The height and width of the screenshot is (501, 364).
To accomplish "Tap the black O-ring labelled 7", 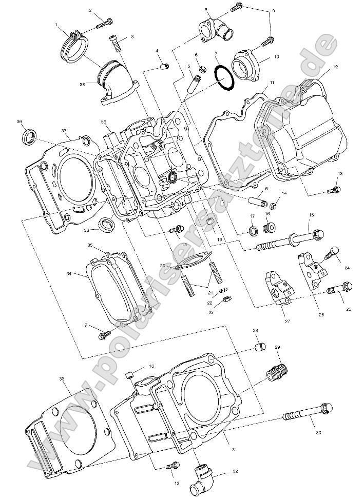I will pyautogui.click(x=223, y=77).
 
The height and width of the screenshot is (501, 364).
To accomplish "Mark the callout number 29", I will pyautogui.click(x=277, y=348).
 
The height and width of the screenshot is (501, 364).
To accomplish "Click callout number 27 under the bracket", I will pyautogui.click(x=288, y=321).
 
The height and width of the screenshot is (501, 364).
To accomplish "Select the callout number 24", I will pyautogui.click(x=347, y=268).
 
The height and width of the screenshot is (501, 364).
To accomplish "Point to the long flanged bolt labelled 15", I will pyautogui.click(x=290, y=237).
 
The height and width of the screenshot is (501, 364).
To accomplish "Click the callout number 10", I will pyautogui.click(x=276, y=57).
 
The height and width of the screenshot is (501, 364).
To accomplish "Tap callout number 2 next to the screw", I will pyautogui.click(x=90, y=10).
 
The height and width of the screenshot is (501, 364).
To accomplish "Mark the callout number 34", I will pyautogui.click(x=69, y=274).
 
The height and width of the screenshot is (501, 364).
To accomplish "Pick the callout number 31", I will pyautogui.click(x=234, y=450).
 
